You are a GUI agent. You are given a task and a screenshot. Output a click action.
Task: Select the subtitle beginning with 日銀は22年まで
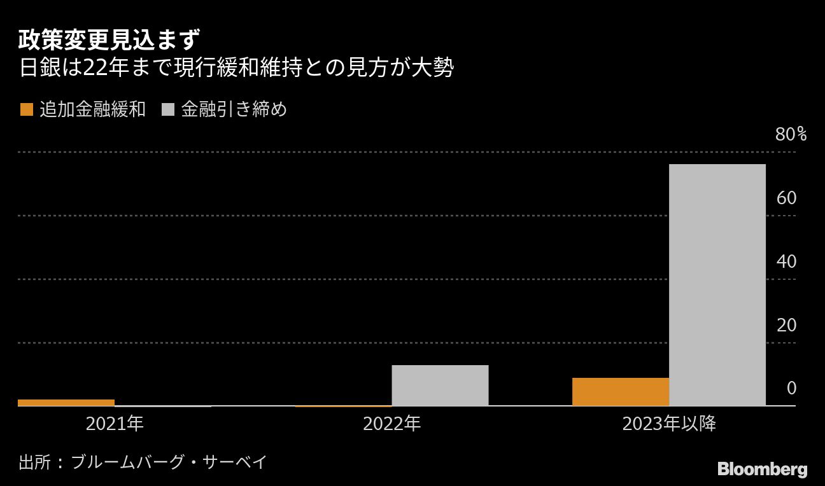(x=236, y=68)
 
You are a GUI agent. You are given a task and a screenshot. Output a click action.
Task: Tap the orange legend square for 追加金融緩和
(x=27, y=110)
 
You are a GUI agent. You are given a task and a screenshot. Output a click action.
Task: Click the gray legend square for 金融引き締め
(x=169, y=110)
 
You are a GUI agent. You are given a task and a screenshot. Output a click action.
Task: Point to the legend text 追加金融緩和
(x=93, y=110)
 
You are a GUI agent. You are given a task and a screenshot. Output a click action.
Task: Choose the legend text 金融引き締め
(x=234, y=110)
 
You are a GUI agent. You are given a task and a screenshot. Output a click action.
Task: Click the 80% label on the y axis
(x=791, y=134)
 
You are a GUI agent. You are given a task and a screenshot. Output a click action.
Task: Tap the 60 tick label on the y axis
(x=787, y=198)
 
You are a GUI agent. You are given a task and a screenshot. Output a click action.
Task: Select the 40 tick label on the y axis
(x=787, y=261)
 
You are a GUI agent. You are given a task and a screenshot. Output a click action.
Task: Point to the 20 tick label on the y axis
(x=787, y=325)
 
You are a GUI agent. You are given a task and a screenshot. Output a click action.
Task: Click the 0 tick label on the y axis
(x=791, y=388)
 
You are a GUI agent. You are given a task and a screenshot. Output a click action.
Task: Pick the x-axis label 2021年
(x=115, y=424)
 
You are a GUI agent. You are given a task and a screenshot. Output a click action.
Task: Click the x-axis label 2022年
(x=391, y=424)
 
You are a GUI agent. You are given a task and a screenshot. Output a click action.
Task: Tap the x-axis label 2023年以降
(x=669, y=424)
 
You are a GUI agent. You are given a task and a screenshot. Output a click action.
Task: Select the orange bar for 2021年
(x=66, y=403)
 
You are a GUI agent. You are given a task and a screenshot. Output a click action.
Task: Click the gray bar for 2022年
(x=440, y=385)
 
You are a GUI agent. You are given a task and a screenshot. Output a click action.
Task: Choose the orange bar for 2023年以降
(x=621, y=392)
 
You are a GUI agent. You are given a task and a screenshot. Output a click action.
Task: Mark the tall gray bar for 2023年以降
(x=717, y=285)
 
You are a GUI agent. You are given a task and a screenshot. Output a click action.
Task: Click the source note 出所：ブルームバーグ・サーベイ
(x=143, y=462)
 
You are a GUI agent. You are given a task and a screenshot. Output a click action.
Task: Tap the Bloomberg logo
(x=762, y=470)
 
